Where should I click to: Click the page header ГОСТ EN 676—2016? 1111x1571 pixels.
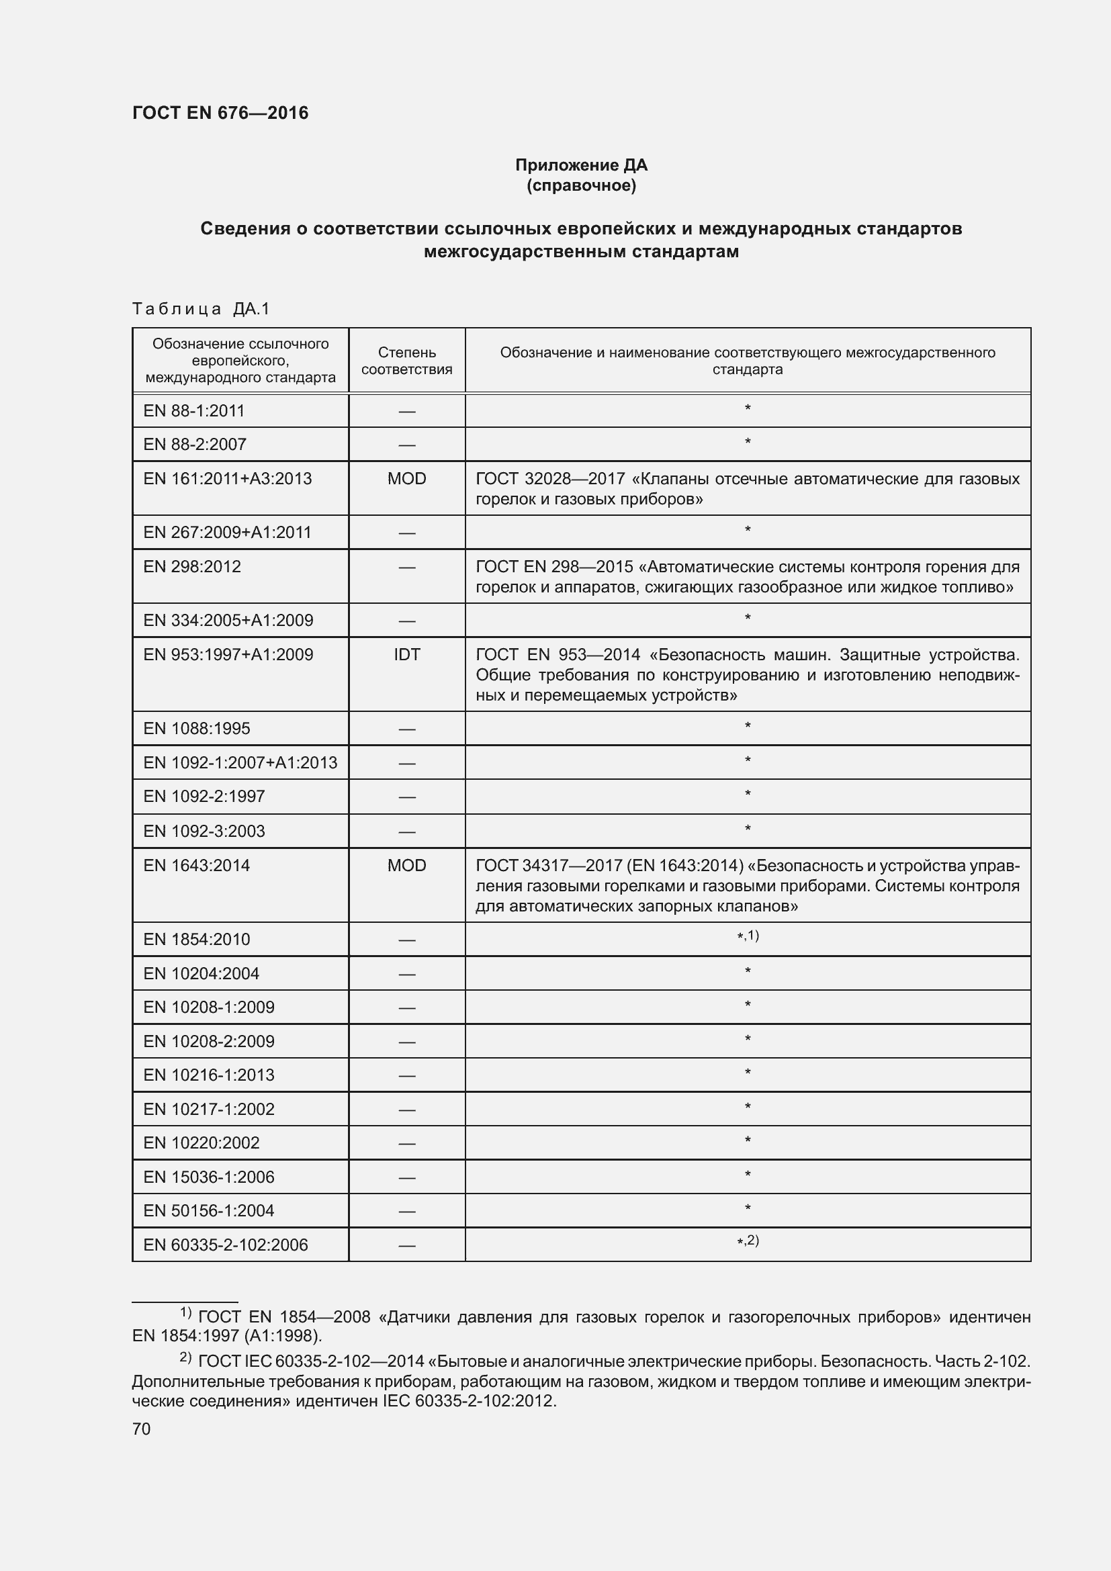pos(220,113)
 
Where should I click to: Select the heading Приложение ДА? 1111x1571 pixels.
pos(581,165)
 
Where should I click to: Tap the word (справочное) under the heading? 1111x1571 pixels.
pos(581,185)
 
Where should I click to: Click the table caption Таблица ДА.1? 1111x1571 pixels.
pos(201,309)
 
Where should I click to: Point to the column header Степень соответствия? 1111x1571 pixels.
pos(406,361)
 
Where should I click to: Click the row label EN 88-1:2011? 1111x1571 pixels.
pos(193,410)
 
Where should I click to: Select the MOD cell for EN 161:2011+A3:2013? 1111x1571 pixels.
pos(406,478)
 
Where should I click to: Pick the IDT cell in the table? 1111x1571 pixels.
pos(406,654)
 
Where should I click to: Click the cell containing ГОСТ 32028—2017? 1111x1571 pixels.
pos(747,488)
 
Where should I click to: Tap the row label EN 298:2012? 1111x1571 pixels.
pos(192,567)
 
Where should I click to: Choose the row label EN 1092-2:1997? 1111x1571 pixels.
pos(204,797)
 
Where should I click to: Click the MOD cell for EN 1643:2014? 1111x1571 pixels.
pos(406,866)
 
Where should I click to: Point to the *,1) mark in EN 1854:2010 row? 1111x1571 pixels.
pos(748,936)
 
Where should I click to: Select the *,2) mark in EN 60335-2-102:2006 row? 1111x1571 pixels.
pos(748,1241)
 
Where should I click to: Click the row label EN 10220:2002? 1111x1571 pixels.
pos(201,1142)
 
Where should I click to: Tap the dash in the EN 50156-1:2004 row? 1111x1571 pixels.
pos(406,1211)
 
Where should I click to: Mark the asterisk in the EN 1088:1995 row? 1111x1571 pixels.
pos(748,725)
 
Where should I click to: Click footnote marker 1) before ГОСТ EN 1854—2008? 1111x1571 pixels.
pos(185,1312)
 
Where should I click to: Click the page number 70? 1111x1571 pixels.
pos(142,1429)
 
